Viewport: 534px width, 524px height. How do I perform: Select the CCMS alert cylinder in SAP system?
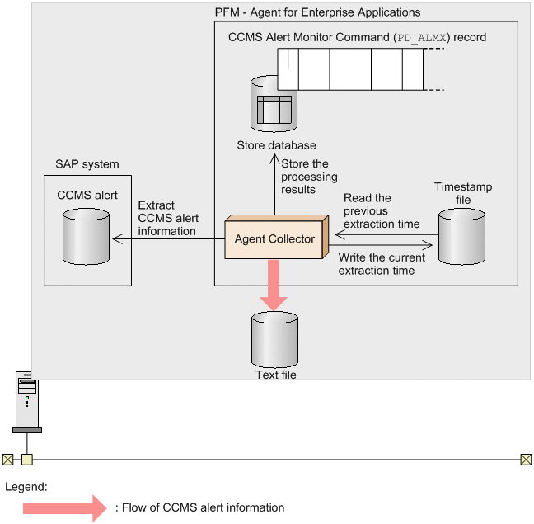[x=87, y=237]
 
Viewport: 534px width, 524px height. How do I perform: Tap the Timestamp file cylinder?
[x=461, y=237]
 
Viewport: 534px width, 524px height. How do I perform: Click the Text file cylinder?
[x=275, y=339]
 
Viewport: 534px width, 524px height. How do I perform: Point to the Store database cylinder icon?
[x=274, y=104]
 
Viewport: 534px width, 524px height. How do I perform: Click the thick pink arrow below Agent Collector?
[x=274, y=286]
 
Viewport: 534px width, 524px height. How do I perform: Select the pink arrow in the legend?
[x=65, y=508]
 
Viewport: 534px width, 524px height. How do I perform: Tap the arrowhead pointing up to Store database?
[x=275, y=160]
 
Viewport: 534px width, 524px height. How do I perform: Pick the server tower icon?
[x=27, y=403]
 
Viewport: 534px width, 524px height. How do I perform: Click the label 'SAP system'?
[x=87, y=164]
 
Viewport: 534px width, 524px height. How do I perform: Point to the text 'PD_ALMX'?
[x=422, y=37]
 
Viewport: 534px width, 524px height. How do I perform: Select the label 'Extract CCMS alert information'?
[x=168, y=218]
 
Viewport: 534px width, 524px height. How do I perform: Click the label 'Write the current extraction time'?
[x=382, y=264]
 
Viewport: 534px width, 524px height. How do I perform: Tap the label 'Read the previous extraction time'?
[x=382, y=210]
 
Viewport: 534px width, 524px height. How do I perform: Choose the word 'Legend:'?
[x=26, y=487]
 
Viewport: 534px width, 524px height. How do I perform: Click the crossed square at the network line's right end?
[x=526, y=460]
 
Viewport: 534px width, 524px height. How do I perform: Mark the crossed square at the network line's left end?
[x=8, y=460]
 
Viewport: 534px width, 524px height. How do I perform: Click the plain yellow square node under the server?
[x=27, y=460]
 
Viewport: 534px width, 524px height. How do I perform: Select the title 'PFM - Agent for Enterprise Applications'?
[x=318, y=12]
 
